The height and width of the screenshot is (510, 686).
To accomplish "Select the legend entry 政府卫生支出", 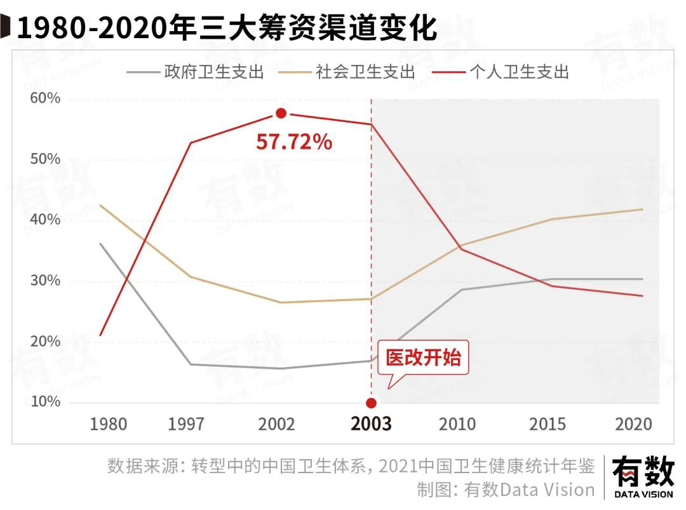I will tap(213, 71).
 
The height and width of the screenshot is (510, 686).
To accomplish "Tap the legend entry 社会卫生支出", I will tap(366, 71).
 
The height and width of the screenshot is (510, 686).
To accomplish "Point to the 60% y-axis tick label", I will tap(45, 98).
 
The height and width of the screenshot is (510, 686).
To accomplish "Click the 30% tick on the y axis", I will tap(45, 281).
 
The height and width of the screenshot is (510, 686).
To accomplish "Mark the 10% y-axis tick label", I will tap(45, 402).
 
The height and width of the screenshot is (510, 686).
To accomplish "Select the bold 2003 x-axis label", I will tap(372, 424).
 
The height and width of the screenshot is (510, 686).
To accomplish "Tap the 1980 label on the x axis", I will tap(108, 424).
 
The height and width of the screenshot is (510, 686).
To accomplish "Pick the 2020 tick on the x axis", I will tap(633, 424).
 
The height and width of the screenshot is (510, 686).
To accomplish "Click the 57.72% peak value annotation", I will tap(294, 142).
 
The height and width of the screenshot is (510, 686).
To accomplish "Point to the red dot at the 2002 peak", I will tap(281, 114).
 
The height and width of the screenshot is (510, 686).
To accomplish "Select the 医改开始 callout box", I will tap(423, 358).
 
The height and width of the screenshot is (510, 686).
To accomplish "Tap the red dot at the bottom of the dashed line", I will tap(372, 403).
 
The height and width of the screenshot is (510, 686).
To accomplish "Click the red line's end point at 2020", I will tap(642, 296).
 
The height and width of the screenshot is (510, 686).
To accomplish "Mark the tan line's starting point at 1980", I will tap(100, 205).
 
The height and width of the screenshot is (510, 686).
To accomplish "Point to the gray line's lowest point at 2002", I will tap(281, 368).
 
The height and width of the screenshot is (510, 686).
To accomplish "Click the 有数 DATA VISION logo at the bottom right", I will tap(642, 477).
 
